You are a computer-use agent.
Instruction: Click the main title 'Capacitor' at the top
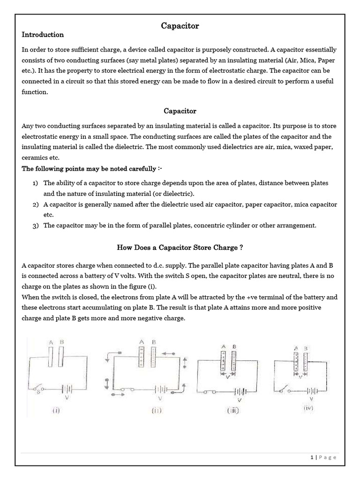(180, 26)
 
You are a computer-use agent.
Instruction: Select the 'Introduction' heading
(43, 35)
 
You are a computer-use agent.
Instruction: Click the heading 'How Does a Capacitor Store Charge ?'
(180, 247)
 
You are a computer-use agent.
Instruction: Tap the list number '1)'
(36, 183)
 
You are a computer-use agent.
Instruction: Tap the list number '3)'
(36, 225)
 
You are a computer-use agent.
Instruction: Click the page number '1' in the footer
(312, 457)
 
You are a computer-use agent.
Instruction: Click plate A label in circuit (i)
(51, 343)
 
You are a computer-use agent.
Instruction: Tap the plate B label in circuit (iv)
(306, 348)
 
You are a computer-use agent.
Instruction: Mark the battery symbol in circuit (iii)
(240, 390)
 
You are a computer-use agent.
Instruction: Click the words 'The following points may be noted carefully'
(91, 169)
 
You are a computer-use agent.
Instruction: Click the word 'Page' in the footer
(328, 457)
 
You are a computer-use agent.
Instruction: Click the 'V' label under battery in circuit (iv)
(310, 398)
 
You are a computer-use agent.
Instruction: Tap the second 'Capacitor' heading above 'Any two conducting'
(180, 111)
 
